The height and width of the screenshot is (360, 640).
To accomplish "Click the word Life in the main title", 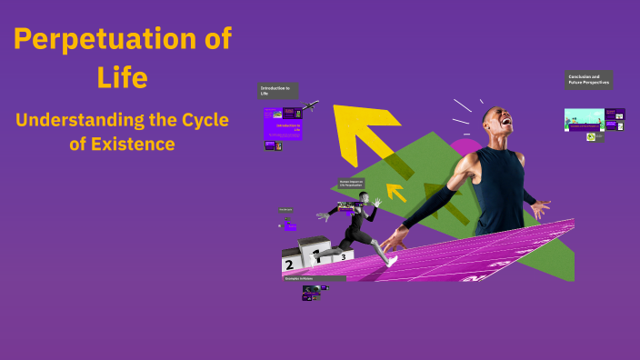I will [122, 77].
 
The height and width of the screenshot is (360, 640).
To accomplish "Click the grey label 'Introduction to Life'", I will [277, 90].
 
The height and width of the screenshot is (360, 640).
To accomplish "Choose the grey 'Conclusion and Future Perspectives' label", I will [588, 80].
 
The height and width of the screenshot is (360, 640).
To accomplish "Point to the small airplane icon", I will [310, 106].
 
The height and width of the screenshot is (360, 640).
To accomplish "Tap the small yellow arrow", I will [395, 192].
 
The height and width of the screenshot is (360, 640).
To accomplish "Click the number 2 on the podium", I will [289, 265].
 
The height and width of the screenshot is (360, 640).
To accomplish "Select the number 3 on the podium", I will [343, 256].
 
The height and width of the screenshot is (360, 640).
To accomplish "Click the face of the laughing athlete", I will [498, 125].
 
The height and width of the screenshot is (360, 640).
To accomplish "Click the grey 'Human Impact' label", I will [351, 183].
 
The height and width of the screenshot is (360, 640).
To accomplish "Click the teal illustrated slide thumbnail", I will [583, 120].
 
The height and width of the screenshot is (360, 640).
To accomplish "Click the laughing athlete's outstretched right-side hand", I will [539, 209].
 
